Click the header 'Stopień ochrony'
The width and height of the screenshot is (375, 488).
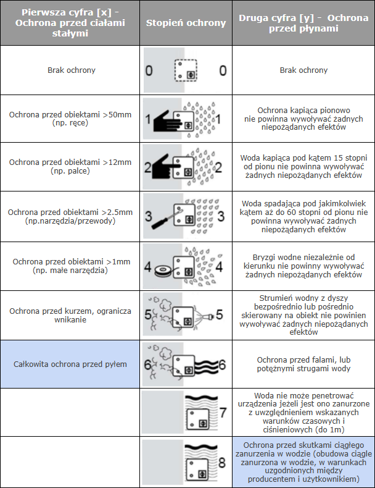(x=186, y=23)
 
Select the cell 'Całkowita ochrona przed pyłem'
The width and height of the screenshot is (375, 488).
(x=70, y=364)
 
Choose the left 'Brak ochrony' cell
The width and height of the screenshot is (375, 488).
(x=72, y=70)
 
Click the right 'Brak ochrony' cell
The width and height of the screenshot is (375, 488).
(x=303, y=70)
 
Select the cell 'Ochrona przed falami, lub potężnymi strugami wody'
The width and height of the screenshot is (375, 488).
(x=303, y=364)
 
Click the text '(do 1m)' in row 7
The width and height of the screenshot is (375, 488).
(x=330, y=429)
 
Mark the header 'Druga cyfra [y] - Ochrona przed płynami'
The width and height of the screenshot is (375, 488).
(x=303, y=23)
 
